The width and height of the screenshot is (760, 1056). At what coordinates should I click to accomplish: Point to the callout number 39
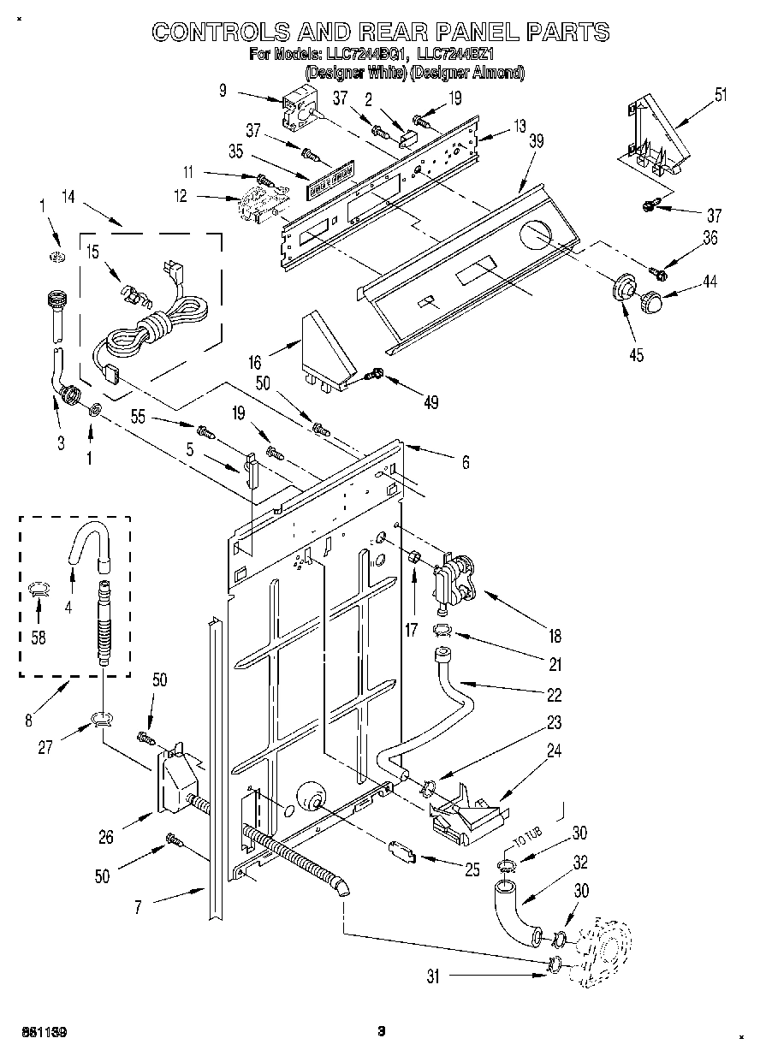(x=536, y=142)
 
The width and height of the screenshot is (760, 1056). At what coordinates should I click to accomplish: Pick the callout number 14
(x=68, y=199)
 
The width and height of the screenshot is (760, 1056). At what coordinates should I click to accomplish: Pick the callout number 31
(x=433, y=976)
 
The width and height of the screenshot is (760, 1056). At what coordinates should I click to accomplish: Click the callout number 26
(x=105, y=838)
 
